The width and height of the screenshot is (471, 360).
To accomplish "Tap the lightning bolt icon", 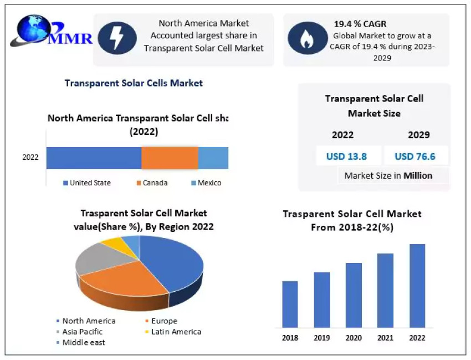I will pos(117,38).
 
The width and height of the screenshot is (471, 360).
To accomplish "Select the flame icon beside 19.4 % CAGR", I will pos(307,38).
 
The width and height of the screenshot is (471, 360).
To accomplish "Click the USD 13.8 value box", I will pos(346,156).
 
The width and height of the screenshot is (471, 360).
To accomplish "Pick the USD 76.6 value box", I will pos(415,156).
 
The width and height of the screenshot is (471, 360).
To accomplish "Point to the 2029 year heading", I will pos(418,135).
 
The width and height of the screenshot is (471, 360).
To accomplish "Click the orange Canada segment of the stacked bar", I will pos(170,158).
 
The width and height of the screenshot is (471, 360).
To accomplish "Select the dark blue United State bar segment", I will pos(94,158).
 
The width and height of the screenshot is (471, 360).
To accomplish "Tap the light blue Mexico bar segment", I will pos(213,158).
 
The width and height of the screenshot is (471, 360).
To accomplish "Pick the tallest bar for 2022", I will pos(417,286).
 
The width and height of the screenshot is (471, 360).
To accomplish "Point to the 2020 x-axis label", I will pos(354,338).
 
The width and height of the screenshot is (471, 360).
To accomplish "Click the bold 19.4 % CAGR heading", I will pos(360,24).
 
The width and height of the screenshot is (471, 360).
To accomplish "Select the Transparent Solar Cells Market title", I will pos(134,83).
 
